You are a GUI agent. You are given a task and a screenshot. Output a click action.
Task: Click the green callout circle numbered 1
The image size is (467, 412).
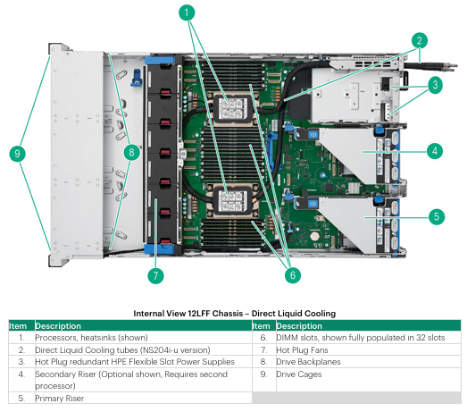(x=187, y=13)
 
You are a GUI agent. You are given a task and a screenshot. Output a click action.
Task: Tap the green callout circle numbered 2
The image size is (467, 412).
(x=420, y=40)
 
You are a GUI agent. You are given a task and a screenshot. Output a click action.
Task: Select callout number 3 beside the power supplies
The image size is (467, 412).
(x=435, y=85)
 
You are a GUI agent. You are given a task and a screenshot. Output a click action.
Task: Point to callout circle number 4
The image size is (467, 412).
(x=435, y=151)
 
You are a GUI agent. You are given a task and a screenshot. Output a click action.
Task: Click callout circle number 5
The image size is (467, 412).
(x=437, y=217)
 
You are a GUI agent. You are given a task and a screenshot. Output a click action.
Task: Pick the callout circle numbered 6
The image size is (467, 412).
(x=293, y=275)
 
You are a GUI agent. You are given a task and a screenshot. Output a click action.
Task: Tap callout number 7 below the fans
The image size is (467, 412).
(x=155, y=275)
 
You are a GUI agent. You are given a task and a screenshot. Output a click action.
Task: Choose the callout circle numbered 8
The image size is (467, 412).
(x=131, y=152)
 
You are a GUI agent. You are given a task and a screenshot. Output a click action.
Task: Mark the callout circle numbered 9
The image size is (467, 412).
(x=18, y=154)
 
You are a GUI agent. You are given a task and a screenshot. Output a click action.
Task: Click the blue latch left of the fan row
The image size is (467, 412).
(x=137, y=78)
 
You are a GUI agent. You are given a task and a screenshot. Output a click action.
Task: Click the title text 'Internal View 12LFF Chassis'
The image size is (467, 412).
(x=188, y=314)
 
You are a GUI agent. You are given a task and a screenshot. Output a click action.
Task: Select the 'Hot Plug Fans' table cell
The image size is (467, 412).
(x=302, y=350)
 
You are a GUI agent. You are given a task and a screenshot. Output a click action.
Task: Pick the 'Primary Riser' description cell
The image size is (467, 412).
(x=59, y=399)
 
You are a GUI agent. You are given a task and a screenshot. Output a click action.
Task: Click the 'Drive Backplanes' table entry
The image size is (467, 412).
(x=308, y=362)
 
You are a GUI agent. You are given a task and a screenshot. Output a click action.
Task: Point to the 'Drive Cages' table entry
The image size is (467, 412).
(x=299, y=374)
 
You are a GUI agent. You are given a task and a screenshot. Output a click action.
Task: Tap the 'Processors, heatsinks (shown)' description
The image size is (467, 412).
(x=91, y=338)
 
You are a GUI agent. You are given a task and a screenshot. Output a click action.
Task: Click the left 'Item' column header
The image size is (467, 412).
(x=18, y=326)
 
